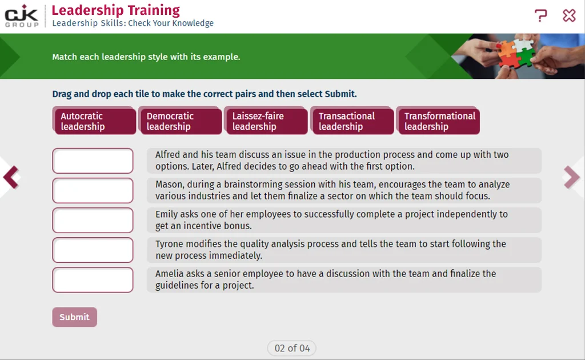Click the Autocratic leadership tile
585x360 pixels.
coord(94,121)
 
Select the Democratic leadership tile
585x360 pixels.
coord(180,121)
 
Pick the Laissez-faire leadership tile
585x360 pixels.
coord(266,121)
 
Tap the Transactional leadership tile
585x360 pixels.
coord(352,121)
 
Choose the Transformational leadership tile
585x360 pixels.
coord(438,121)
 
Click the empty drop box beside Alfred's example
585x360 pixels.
coord(93,161)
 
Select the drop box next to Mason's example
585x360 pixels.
coord(93,191)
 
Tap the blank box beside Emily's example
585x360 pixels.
coord(93,221)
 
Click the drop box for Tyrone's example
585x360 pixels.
coord(93,250)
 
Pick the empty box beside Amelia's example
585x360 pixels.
coord(93,280)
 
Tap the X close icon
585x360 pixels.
coord(570,15)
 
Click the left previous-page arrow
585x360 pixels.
coord(11,177)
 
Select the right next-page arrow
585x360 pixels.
coord(572,177)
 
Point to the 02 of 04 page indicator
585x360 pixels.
coord(292,348)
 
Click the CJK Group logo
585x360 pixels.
coord(22,16)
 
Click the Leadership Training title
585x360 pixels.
coord(115,10)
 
